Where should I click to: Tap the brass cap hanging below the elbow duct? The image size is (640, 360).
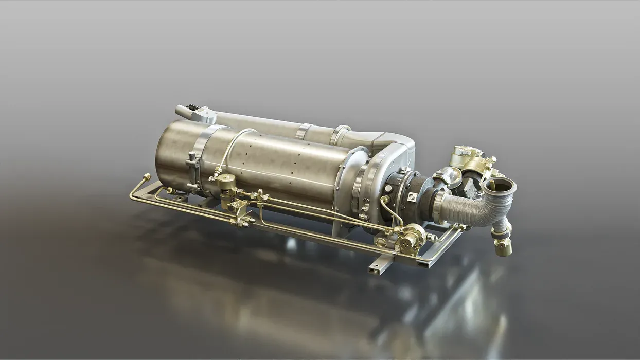tap(503, 248)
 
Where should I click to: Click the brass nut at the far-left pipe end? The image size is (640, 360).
tap(147, 177)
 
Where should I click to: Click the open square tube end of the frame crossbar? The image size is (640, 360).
tap(374, 268)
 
